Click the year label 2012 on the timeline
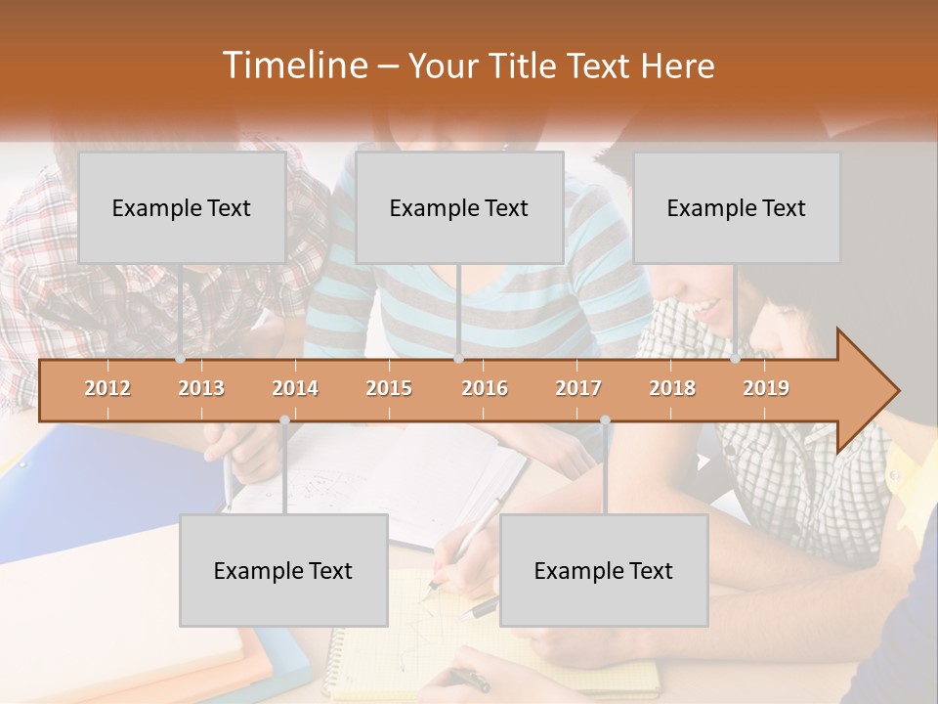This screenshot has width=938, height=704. tap(107, 388)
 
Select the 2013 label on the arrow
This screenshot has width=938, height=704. tap(201, 388)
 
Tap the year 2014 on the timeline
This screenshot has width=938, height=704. tap(295, 388)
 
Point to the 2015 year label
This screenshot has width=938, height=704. tap(389, 388)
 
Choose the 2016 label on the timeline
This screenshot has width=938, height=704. tap(485, 388)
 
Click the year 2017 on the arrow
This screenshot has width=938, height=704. tap(578, 388)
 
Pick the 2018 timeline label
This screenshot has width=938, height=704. tap(672, 388)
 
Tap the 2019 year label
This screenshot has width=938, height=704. tap(766, 388)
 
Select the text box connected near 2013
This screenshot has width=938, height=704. tap(182, 207)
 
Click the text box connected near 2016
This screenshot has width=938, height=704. tap(459, 207)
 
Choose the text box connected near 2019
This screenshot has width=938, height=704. tap(737, 207)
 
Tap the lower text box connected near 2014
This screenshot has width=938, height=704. tap(283, 570)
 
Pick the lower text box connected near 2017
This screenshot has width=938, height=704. tap(604, 570)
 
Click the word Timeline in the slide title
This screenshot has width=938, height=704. tap(294, 66)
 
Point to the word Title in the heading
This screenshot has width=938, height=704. tap(529, 66)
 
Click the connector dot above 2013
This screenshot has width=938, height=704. tap(181, 359)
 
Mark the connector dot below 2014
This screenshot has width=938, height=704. tap(284, 420)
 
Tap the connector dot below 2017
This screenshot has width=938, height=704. tap(605, 420)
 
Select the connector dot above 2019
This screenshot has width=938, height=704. tap(736, 359)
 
